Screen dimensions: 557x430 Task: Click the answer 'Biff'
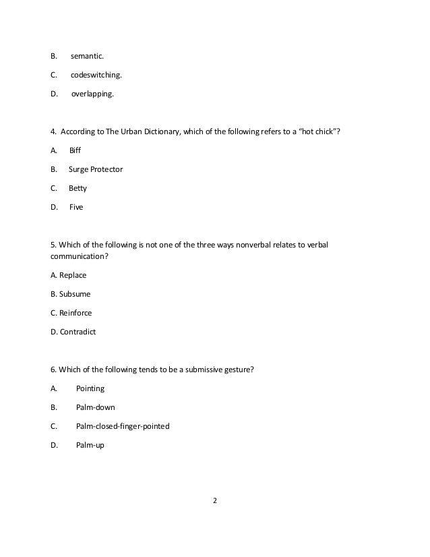pyautogui.click(x=75, y=151)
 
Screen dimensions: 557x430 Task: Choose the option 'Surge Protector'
pyautogui.click(x=96, y=169)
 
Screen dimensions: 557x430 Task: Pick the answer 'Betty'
pyautogui.click(x=78, y=189)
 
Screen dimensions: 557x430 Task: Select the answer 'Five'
pyautogui.click(x=76, y=208)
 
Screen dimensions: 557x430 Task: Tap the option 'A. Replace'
pyautogui.click(x=69, y=275)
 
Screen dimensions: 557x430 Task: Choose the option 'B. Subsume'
pyautogui.click(x=71, y=294)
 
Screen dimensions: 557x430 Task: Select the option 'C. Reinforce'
pyautogui.click(x=71, y=313)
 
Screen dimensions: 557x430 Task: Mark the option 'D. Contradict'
pyautogui.click(x=73, y=332)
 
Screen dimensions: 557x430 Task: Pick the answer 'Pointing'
pyautogui.click(x=90, y=388)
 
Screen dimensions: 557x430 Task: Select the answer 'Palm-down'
pyautogui.click(x=95, y=407)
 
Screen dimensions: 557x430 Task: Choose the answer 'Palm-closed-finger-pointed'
pyautogui.click(x=123, y=426)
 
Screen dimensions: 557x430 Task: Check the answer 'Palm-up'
pyautogui.click(x=90, y=444)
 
